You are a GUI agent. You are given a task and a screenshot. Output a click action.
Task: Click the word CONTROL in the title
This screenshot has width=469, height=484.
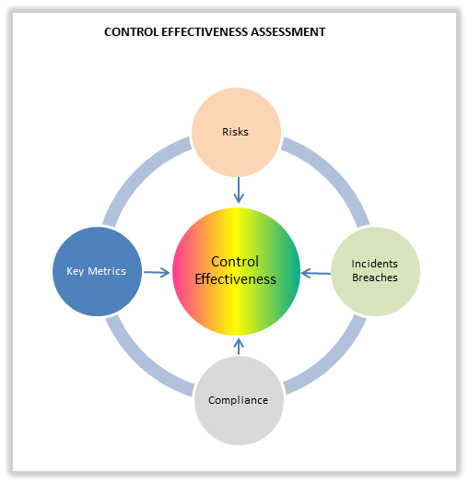click(131, 32)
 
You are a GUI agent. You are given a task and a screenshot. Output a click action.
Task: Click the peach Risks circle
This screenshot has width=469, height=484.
click(236, 132)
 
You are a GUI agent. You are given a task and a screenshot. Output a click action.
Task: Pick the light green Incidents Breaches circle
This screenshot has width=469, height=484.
click(375, 271)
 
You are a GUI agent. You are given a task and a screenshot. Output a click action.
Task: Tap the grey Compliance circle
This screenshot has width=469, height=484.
click(238, 400)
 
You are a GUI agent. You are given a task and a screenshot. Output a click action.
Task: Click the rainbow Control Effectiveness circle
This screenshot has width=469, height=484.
click(237, 271)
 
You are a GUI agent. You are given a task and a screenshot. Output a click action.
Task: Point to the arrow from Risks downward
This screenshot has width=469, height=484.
click(238, 190)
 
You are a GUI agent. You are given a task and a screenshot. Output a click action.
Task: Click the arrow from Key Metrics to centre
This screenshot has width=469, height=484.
click(158, 272)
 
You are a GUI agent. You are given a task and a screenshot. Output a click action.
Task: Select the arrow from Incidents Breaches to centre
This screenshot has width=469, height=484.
click(316, 272)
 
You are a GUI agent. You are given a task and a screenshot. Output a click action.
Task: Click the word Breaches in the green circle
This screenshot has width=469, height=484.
click(375, 278)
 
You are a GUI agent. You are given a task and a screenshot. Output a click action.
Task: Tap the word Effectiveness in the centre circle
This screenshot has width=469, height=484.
click(236, 279)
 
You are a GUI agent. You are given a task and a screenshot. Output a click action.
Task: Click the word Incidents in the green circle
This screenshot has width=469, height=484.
click(375, 265)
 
